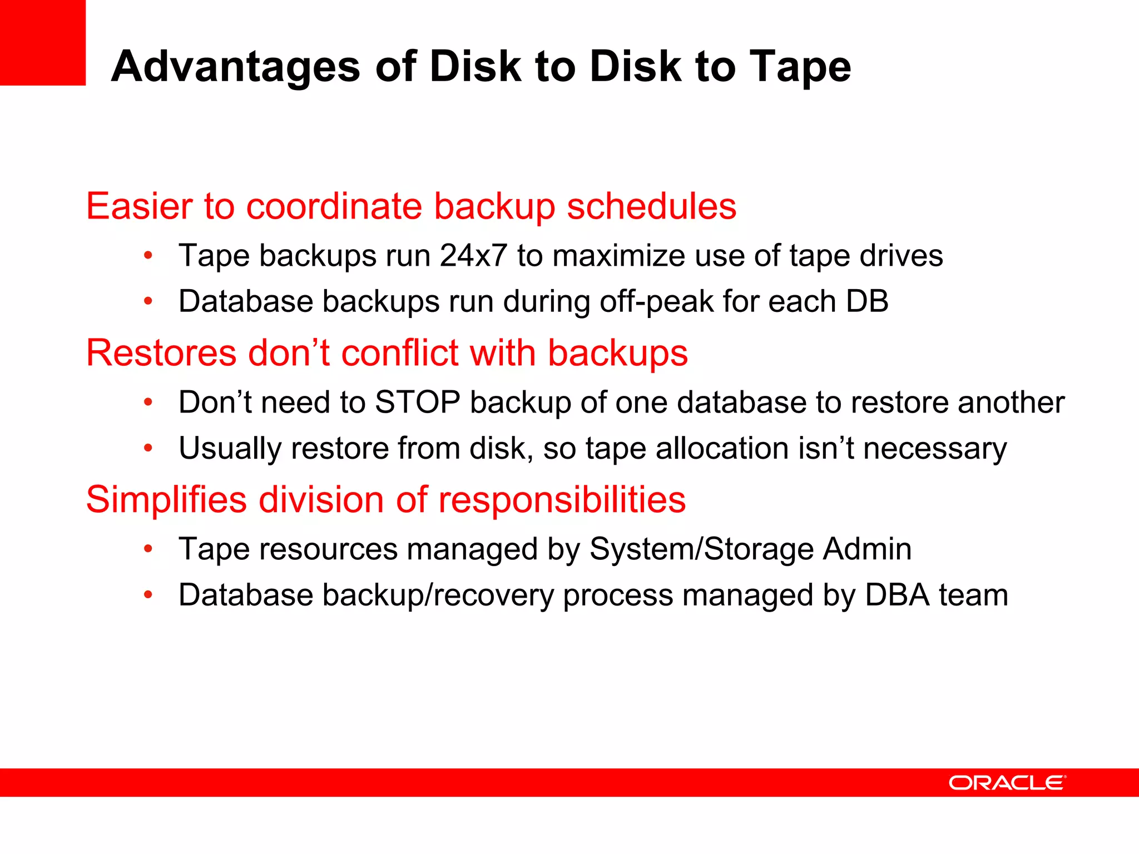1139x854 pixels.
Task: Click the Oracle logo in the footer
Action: (x=1007, y=783)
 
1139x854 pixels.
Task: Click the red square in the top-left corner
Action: (x=43, y=42)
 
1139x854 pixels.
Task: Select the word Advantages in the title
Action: (x=236, y=67)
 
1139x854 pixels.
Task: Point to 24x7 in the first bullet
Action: (x=473, y=256)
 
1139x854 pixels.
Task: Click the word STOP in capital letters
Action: (x=418, y=402)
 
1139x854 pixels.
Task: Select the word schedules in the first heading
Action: (x=651, y=206)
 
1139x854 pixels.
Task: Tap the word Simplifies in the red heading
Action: (x=166, y=499)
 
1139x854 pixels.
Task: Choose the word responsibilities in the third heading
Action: (x=562, y=499)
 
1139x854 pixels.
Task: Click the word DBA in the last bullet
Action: (x=897, y=595)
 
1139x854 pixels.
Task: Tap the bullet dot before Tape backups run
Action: (x=148, y=256)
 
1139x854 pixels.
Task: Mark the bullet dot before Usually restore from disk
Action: (x=148, y=448)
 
